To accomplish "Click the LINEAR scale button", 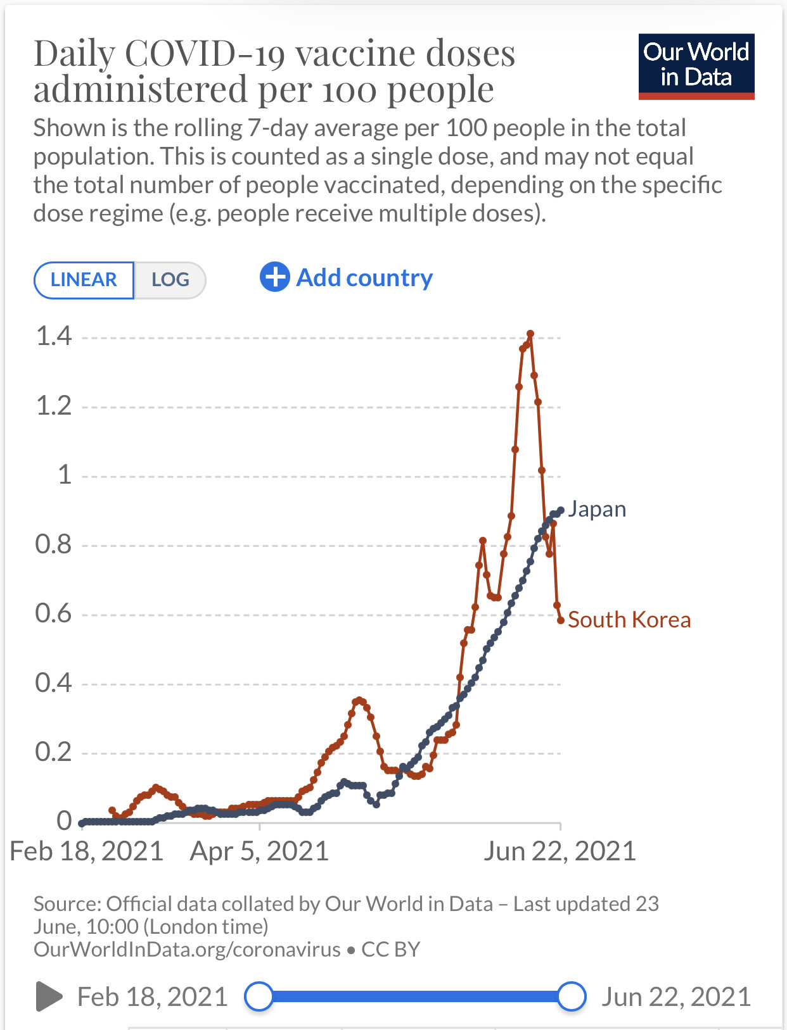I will point(84,280).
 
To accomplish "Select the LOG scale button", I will point(170,280).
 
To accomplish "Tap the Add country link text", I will point(364,278).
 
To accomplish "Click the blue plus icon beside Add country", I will point(275,277).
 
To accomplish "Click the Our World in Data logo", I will point(696,66).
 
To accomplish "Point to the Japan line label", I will point(596,509).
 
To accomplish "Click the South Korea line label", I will point(629,620).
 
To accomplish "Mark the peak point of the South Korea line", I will point(530,334).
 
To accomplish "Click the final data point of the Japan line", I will point(560,510).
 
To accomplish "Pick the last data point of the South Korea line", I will point(560,620).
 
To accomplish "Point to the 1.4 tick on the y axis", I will point(54,336).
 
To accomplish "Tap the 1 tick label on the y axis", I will point(64,475).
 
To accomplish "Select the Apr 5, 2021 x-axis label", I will point(259,851).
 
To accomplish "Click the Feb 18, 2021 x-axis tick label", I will point(87,851).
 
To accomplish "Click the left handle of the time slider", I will point(259,996).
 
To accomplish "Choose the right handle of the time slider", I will point(572,996).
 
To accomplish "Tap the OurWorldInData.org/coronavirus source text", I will point(187,950).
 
